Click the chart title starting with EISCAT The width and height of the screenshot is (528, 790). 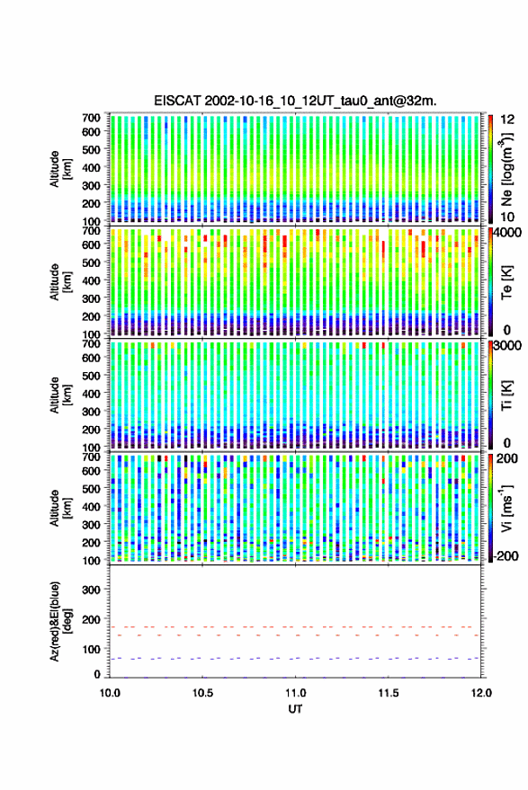coord(295,101)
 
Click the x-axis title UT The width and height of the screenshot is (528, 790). coord(295,709)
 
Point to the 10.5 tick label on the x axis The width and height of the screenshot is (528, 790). coord(202,693)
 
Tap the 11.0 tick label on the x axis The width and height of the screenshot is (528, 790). coord(295,693)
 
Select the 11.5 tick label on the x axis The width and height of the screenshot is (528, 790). coord(388,693)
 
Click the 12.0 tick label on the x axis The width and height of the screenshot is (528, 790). coord(480,693)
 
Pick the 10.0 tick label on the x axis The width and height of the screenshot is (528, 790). coord(110,693)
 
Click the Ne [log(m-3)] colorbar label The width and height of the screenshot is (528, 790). coord(506,169)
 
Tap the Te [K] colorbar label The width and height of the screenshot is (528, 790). coord(506,282)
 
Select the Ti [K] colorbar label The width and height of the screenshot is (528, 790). coord(506,395)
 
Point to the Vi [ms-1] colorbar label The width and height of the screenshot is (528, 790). coord(506,508)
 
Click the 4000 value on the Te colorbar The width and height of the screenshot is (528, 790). coord(508,233)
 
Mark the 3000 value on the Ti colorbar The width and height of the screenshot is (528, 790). coord(508,346)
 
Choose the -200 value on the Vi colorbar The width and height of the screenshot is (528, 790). coord(506,556)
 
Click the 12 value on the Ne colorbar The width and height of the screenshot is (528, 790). coord(507,120)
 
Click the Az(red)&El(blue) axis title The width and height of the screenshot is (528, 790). coord(60,621)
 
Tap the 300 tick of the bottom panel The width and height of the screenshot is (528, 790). coord(91,590)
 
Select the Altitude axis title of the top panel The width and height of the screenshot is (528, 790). coord(60,169)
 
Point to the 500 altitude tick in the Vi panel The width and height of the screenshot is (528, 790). coord(91,489)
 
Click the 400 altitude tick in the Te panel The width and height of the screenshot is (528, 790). coord(91,280)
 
